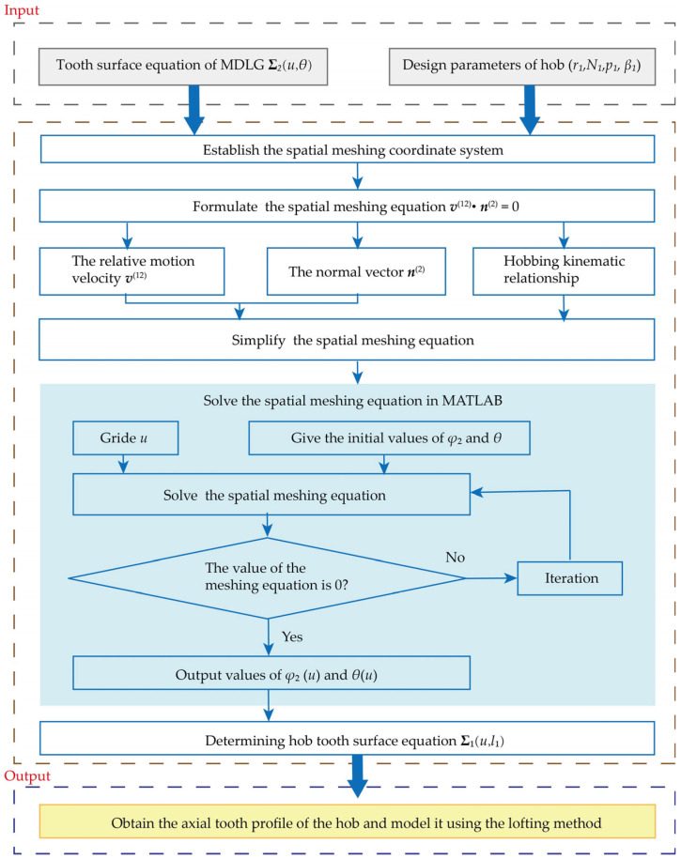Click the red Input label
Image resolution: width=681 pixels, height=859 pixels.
(x=22, y=10)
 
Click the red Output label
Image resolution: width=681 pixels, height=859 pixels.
(x=27, y=775)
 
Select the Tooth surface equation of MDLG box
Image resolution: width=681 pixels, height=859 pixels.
(x=183, y=67)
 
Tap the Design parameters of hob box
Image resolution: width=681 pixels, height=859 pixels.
(x=522, y=67)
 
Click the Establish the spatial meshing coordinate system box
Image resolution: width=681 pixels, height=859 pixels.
(x=348, y=149)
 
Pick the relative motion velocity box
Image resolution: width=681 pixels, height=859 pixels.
(x=132, y=271)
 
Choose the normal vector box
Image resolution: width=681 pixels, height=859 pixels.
(x=356, y=271)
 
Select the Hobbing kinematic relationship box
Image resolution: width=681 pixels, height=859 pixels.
(x=564, y=271)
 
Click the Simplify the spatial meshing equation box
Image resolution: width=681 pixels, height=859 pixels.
(x=347, y=340)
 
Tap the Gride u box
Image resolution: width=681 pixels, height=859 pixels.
(x=126, y=437)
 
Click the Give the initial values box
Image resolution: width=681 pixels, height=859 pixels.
(x=389, y=437)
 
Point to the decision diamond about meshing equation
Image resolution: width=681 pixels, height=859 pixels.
(x=268, y=578)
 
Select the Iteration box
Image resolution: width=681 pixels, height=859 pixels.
(x=570, y=578)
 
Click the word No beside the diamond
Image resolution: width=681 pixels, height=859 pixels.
(x=456, y=557)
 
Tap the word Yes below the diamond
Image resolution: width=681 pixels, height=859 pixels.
(x=292, y=637)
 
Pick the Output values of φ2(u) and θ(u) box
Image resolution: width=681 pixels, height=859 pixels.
(x=271, y=673)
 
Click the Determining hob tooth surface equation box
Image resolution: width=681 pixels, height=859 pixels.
(x=348, y=739)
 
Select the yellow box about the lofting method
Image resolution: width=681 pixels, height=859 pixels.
(x=348, y=821)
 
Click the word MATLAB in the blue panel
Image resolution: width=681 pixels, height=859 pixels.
(x=472, y=401)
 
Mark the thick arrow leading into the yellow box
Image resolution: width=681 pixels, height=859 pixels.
(x=358, y=775)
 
